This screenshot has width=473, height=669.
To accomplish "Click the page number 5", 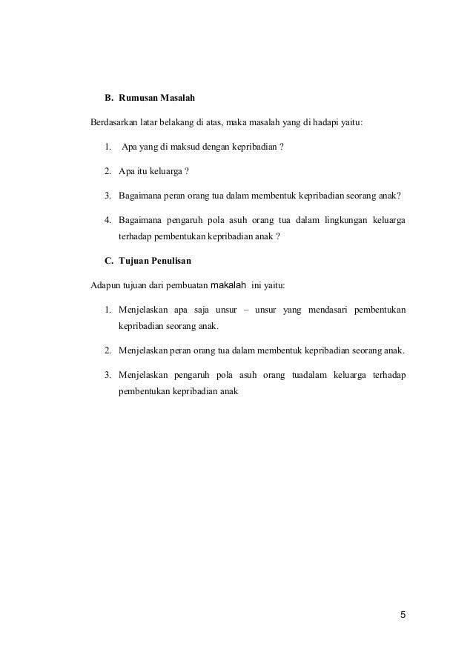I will coord(403,615).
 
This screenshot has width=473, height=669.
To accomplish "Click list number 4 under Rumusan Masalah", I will coord(107,220).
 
